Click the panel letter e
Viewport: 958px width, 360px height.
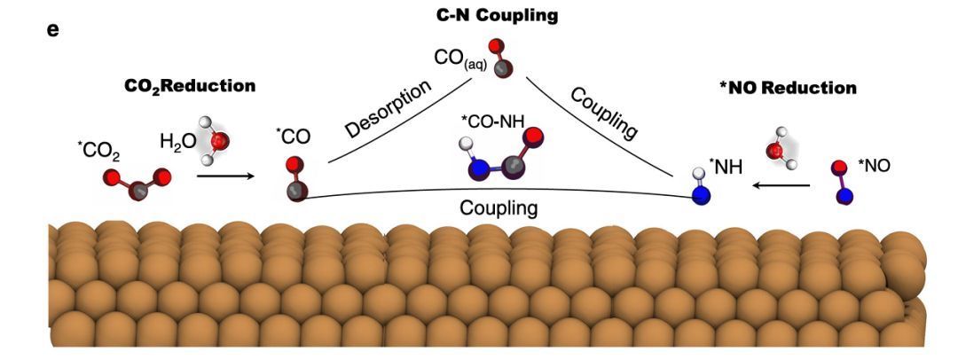[52, 29]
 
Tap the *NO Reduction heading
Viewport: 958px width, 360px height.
[789, 88]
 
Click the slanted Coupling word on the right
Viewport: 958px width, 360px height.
[604, 113]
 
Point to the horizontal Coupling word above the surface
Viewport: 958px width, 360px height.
[498, 208]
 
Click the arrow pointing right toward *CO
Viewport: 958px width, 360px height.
[223, 176]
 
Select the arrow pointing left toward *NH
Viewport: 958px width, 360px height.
[781, 185]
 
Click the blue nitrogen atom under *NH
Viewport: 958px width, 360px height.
[703, 194]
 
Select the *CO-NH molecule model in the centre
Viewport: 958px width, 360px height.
[501, 157]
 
